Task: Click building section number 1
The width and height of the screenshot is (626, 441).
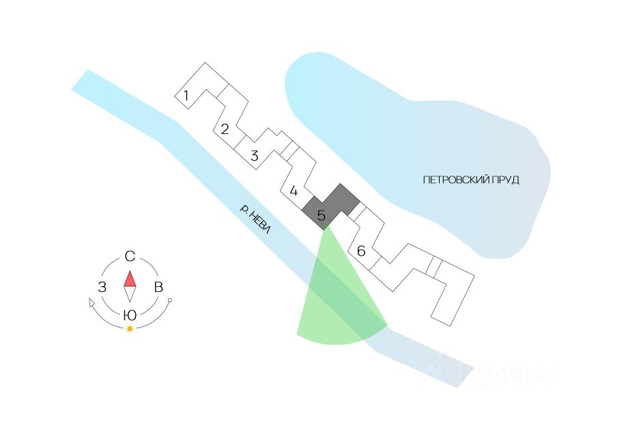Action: [x=186, y=96]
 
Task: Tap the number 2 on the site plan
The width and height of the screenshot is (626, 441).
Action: [x=224, y=129]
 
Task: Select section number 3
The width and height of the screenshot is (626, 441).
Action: [x=255, y=156]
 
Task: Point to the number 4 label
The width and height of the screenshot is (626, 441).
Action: [x=294, y=191]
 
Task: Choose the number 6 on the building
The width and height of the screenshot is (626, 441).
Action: [x=361, y=252]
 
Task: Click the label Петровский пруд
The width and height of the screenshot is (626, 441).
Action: [x=471, y=180]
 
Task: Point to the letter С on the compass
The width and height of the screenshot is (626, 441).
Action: [x=130, y=257]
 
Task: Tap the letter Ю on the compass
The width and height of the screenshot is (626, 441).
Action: [x=129, y=315]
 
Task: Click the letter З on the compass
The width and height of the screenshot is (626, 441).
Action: [x=102, y=287]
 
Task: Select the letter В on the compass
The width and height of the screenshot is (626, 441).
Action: [x=158, y=287]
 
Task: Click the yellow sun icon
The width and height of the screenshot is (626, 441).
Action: [x=130, y=329]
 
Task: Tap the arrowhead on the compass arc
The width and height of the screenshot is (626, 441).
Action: [x=91, y=303]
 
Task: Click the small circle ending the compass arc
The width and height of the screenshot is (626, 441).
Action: [x=170, y=301]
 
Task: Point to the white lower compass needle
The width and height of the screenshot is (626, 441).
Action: [x=130, y=294]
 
